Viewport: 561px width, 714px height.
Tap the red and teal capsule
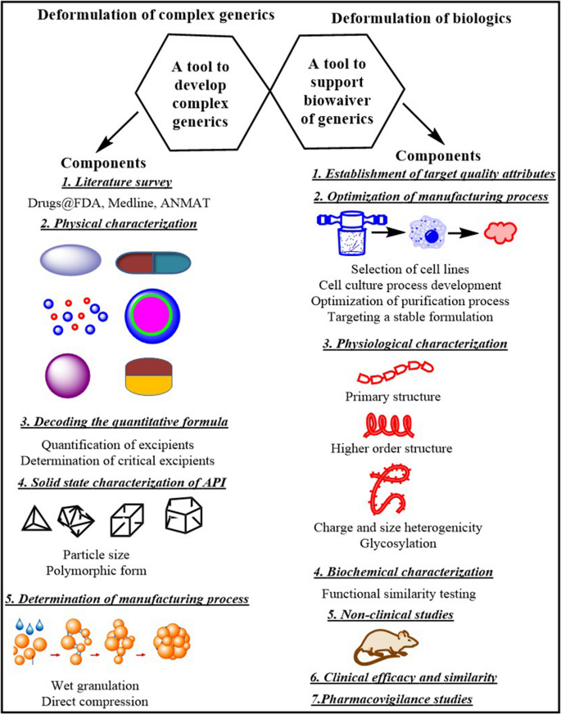(x=152, y=262)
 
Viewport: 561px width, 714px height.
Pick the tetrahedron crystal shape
(x=36, y=517)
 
